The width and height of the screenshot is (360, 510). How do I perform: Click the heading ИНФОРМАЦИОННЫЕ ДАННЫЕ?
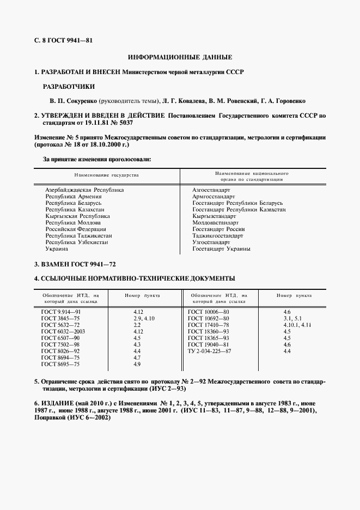[180, 57]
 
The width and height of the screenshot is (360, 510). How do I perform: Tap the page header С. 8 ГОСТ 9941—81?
[63, 40]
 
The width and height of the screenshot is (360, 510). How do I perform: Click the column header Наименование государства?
[107, 175]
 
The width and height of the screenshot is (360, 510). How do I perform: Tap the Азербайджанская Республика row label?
[84, 190]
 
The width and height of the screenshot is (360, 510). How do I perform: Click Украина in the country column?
[57, 249]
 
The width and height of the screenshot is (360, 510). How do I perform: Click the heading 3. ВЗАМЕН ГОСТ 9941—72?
[75, 264]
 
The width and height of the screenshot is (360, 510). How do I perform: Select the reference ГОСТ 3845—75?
[60, 318]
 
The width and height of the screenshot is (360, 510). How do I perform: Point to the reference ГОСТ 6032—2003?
[63, 331]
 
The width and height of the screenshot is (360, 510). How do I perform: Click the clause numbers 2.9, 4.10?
[144, 318]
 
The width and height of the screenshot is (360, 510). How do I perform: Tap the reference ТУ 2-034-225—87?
[210, 350]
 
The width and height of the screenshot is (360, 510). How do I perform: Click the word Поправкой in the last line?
[53, 417]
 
